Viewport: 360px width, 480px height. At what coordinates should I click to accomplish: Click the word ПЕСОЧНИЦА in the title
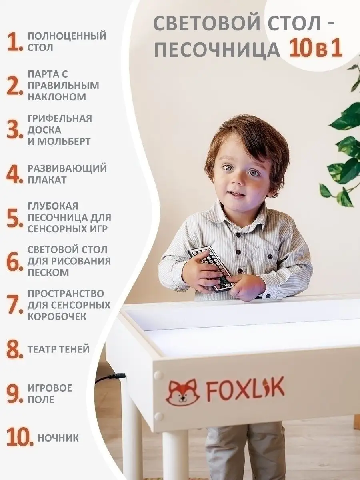(217, 50)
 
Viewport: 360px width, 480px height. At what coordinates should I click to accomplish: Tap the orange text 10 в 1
(316, 50)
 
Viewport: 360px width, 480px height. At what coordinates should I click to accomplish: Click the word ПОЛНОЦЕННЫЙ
(67, 36)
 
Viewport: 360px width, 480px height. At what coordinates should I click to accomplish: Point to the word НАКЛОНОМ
(57, 97)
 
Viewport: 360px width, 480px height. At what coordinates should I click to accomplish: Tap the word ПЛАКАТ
(47, 180)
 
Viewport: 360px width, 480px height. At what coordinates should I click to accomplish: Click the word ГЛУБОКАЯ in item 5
(53, 206)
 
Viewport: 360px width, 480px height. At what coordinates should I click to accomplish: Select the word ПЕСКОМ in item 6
(48, 272)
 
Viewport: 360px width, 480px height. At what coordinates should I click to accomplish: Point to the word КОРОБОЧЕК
(57, 316)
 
